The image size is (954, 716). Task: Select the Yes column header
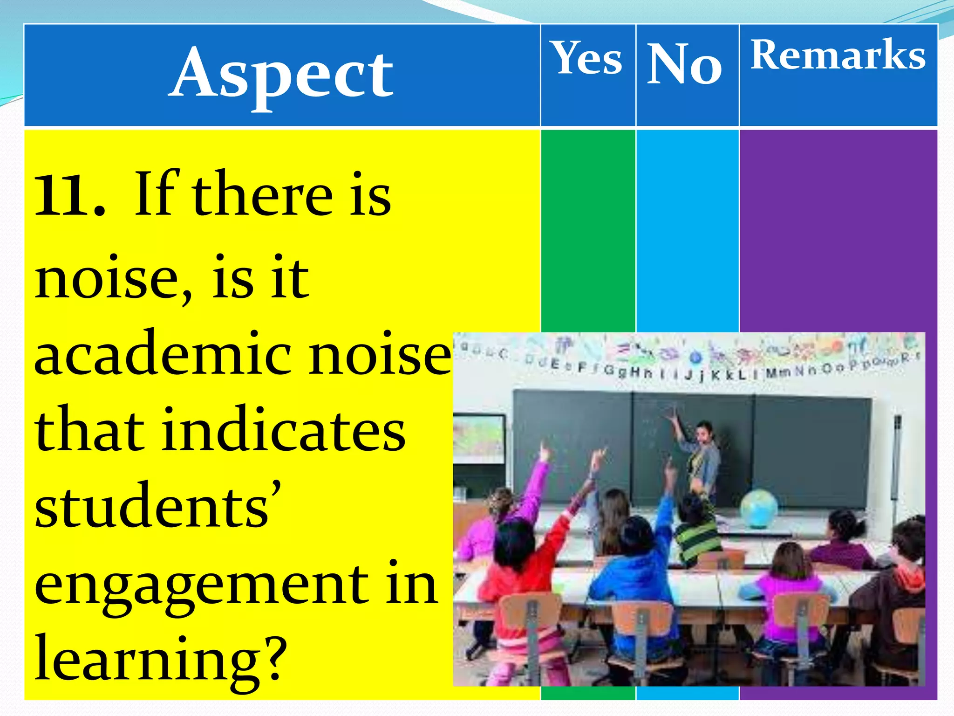point(587,58)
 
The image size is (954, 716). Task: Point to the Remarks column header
point(838,55)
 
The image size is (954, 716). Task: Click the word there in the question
point(262,195)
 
